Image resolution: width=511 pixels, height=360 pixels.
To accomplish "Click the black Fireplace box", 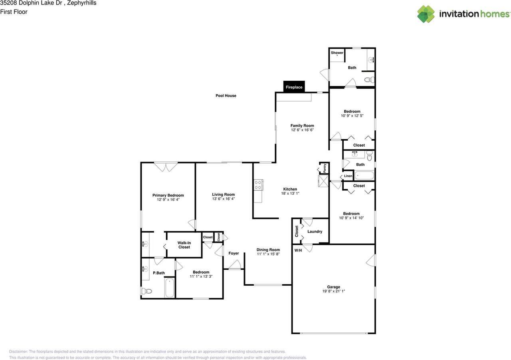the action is point(294,87).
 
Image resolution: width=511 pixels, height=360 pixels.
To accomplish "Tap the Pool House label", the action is point(226,95).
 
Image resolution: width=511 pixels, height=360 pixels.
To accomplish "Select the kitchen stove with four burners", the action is point(258,185).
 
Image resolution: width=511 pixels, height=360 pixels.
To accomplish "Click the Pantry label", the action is point(325,168).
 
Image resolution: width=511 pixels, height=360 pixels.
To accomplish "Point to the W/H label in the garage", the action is point(298,251).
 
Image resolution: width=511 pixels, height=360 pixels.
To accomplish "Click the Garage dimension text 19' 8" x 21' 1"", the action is point(333,291).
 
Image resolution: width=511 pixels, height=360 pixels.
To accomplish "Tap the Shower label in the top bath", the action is point(337,53).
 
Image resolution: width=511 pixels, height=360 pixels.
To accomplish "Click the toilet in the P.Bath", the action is point(147,291).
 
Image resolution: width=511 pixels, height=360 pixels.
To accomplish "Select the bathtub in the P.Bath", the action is point(170,288).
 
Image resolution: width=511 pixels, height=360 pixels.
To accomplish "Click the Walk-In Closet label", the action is point(184,245).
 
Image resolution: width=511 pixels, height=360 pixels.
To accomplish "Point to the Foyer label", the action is point(234,253).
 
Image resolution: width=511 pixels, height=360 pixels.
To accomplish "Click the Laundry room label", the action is point(315,231).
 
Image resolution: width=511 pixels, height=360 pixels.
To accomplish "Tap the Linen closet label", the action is point(348,176).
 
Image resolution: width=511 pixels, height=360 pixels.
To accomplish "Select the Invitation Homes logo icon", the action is point(426,14).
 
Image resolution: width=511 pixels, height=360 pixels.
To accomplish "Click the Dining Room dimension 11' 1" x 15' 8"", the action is point(268,254).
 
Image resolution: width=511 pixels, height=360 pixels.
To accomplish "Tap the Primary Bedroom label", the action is point(168,195).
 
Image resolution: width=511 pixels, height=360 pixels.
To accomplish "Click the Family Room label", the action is point(302,125).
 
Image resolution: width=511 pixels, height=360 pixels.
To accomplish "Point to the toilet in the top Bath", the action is point(369,80).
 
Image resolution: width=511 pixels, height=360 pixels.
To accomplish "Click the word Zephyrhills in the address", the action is point(82,3).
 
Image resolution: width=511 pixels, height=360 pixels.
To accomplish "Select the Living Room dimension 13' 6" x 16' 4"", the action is point(223,199).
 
